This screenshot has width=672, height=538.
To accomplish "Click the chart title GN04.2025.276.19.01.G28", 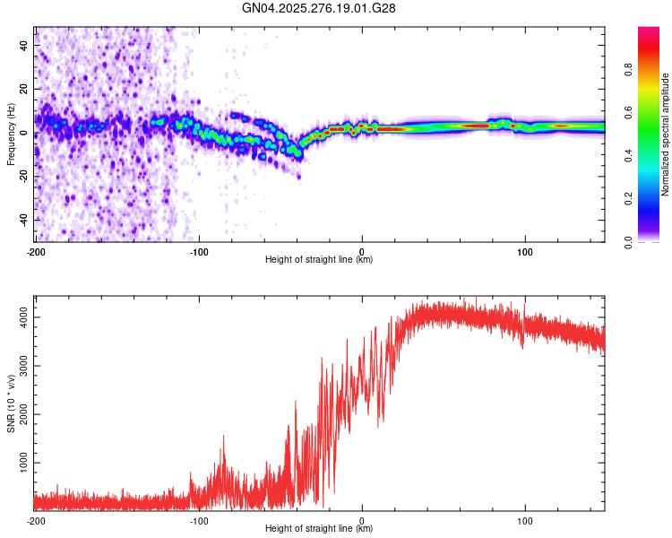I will click(x=320, y=8).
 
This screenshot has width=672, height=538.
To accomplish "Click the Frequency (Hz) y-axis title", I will click(x=11, y=134).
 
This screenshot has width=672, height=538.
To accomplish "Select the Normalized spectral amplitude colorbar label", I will click(x=666, y=134).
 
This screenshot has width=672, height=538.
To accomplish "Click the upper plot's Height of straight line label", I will click(x=320, y=260).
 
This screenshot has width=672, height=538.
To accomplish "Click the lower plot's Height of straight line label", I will click(x=320, y=529).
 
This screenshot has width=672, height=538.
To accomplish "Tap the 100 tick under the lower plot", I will click(x=525, y=521).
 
